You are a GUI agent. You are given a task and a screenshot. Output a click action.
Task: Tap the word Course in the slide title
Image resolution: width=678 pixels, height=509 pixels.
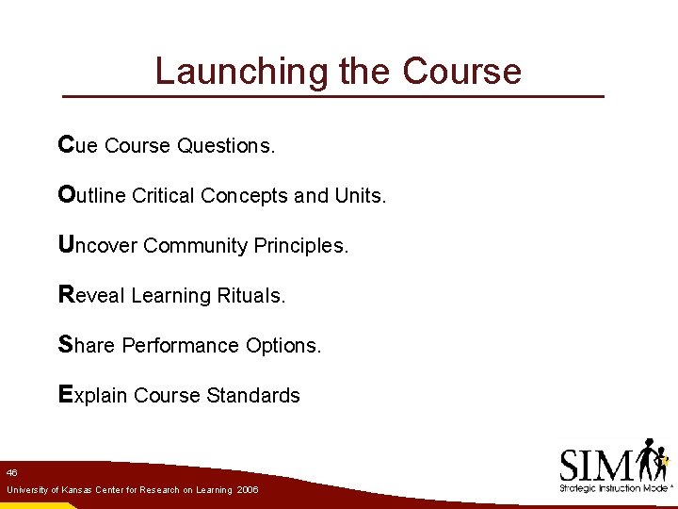461,72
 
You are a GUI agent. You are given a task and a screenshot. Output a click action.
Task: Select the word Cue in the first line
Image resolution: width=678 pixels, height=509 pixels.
78,145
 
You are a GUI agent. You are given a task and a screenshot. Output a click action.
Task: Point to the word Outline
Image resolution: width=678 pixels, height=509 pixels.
91,195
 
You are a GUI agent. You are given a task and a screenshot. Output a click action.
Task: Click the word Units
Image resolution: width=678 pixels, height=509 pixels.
360,196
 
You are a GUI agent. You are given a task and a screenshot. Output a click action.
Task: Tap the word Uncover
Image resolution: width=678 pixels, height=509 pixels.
98,245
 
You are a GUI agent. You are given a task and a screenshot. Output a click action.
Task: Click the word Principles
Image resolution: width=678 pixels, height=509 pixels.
301,246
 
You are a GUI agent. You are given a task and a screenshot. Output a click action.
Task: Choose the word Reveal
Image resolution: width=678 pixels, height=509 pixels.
91,295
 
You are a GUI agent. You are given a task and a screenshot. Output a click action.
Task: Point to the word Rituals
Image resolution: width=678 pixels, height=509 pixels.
250,296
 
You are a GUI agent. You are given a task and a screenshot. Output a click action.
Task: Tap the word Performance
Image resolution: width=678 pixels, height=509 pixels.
181,346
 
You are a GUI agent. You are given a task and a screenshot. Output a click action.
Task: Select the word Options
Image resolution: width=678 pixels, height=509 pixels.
283,346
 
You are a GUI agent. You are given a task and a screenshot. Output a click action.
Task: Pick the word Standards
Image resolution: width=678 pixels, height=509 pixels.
255,396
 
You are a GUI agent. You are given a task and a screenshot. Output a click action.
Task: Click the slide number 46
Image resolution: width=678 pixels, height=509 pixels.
11,471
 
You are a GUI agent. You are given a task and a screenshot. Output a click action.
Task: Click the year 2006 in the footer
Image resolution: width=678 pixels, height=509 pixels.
248,490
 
